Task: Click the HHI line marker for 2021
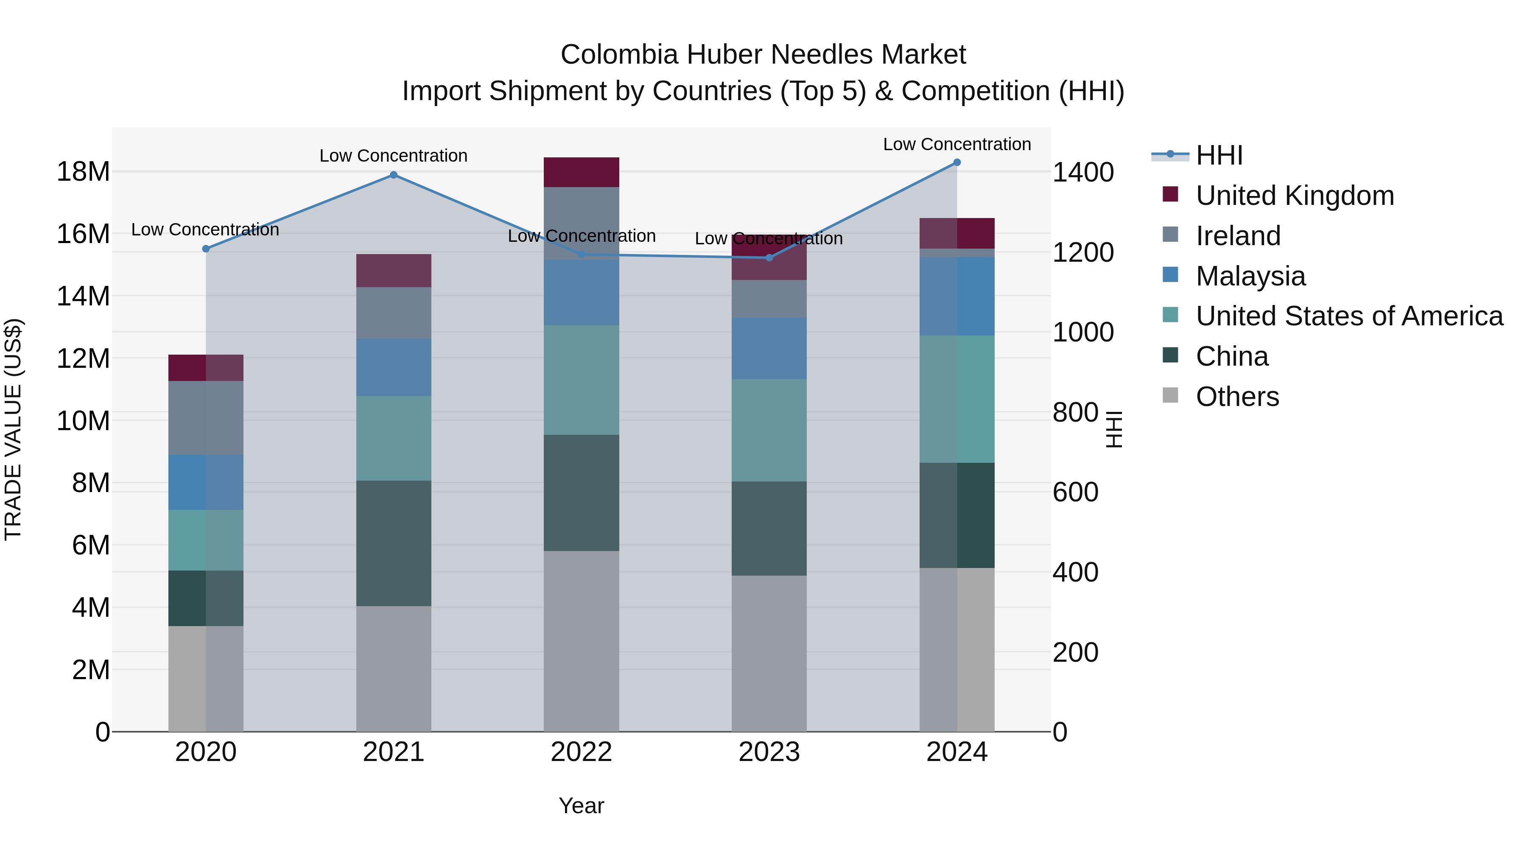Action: (x=394, y=175)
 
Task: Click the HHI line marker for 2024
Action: (x=957, y=162)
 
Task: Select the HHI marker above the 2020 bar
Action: (x=206, y=249)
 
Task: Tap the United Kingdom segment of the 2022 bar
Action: (x=581, y=172)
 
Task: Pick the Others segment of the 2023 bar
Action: (x=769, y=653)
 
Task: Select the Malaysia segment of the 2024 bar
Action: (x=957, y=297)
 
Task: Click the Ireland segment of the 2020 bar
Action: (x=206, y=418)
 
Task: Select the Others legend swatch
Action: (x=1171, y=395)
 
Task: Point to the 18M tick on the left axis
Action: (x=83, y=172)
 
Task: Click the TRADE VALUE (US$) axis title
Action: (x=13, y=429)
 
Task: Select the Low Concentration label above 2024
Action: (x=957, y=144)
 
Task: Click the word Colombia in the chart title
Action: (x=619, y=55)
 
